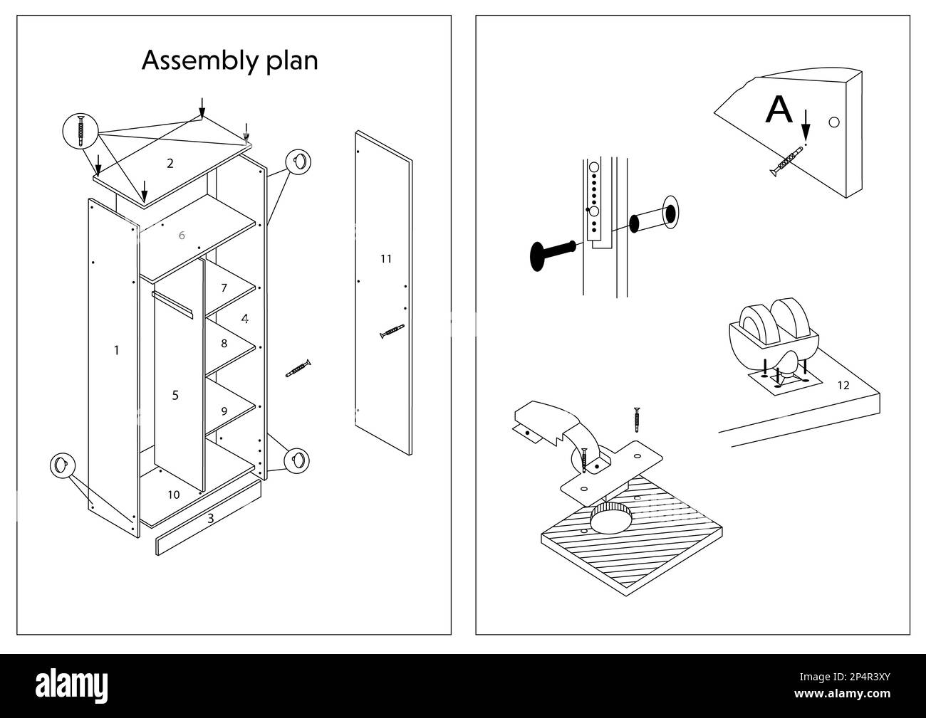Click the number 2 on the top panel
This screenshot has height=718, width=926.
pos(170,164)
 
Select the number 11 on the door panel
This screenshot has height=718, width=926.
pos(385,259)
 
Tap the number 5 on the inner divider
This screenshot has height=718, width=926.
pos(175,396)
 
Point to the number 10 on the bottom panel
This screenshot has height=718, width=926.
pos(174,495)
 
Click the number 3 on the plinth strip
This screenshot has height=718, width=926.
pos(210,519)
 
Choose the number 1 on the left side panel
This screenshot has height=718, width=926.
pos(117,350)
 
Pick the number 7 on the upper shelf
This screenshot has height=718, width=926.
pos(224,288)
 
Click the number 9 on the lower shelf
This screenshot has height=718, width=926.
pos(224,411)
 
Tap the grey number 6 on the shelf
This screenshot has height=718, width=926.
pos(182,236)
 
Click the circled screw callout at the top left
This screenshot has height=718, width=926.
pos(80,131)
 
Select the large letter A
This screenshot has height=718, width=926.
pos(779,110)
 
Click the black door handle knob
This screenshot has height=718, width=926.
pos(552,254)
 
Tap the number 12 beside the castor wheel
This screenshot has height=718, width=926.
pos(843,385)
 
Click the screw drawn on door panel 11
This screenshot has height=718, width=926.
pos(392,331)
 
